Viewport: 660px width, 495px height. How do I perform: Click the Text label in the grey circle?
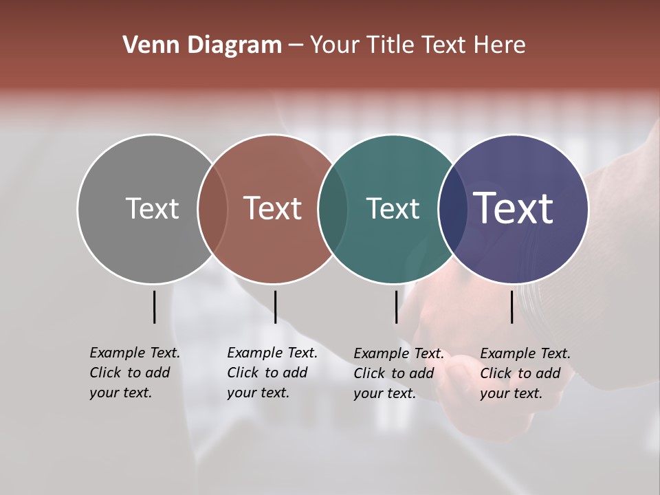[x=152, y=208]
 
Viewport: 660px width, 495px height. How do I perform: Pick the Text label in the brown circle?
[x=273, y=208]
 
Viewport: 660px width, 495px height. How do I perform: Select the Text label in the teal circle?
[x=393, y=208]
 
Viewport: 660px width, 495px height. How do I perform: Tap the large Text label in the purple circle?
[x=514, y=208]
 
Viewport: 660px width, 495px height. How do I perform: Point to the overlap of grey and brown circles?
[x=212, y=209]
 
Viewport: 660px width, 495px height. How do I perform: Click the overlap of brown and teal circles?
[x=333, y=209]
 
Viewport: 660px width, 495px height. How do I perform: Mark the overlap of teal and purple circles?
[x=452, y=209]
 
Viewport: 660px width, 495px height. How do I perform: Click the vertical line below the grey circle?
[x=154, y=307]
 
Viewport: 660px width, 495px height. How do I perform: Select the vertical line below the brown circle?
[x=275, y=307]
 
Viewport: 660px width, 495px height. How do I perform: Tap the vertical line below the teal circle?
[x=396, y=307]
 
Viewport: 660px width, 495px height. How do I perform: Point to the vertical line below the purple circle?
[x=511, y=307]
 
